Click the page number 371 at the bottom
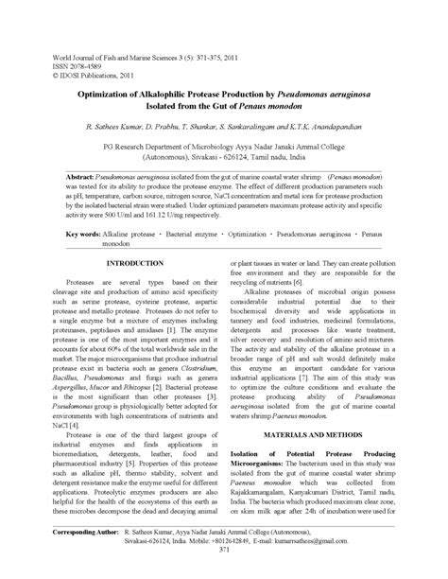tap(223, 575)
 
